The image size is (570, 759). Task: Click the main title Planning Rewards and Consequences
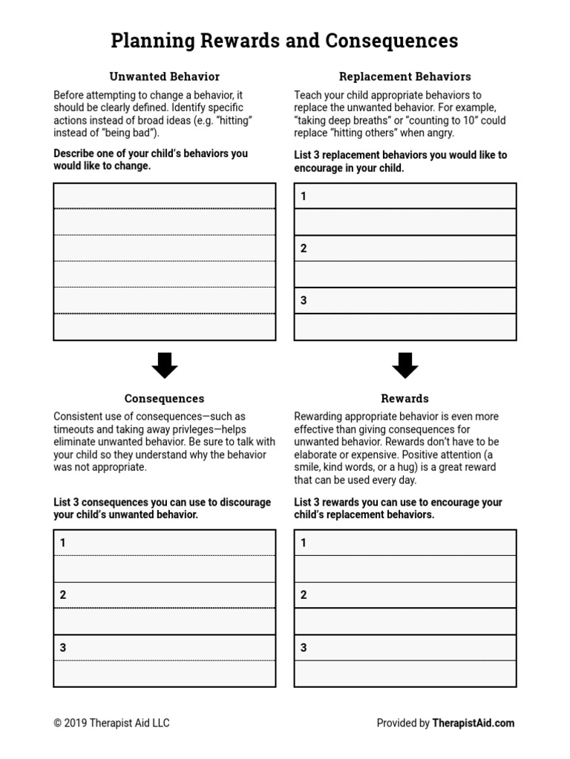[284, 41]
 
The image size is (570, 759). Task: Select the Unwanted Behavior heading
[164, 76]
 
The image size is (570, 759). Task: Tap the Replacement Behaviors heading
[404, 76]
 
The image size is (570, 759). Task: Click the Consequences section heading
[164, 398]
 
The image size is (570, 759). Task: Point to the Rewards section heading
[404, 398]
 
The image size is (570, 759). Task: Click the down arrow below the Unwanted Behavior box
[164, 365]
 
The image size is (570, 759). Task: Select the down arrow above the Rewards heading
[404, 365]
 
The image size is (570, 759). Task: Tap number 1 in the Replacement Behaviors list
[304, 196]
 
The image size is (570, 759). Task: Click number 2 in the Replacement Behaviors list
[304, 248]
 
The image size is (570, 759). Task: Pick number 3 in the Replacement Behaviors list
[304, 300]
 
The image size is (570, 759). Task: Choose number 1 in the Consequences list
[63, 543]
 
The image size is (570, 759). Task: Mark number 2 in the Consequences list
[63, 594]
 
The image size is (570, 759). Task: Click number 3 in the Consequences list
[63, 647]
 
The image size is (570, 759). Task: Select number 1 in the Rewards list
[304, 543]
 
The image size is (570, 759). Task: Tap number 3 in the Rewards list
[304, 647]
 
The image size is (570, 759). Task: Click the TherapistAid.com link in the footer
[474, 723]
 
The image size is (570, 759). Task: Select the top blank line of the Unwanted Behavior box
[164, 196]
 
